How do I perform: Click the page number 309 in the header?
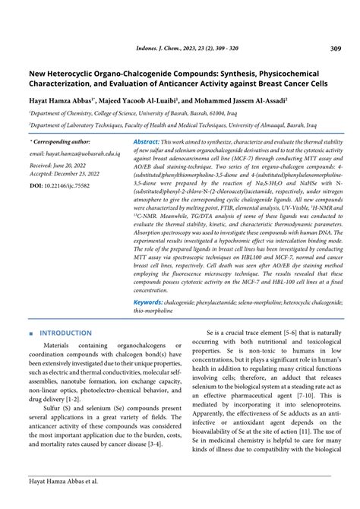tap(335, 49)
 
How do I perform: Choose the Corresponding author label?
tap(60, 142)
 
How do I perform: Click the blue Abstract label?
tap(146, 142)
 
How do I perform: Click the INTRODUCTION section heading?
tap(65, 333)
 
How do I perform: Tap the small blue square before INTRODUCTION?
tap(30, 334)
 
